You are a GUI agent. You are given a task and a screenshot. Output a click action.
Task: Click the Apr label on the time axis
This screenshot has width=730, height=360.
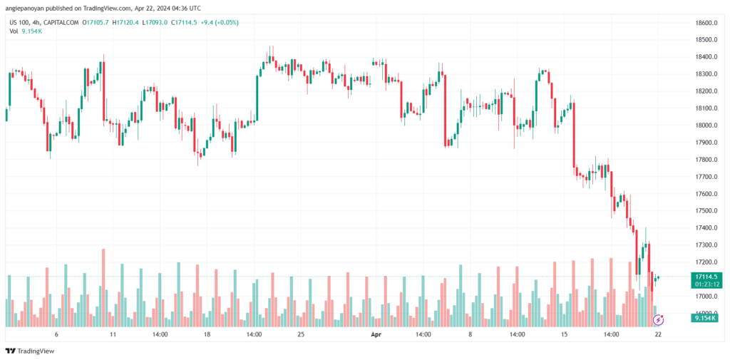coord(376,333)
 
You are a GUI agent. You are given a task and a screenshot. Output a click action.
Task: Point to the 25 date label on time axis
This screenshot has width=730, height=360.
coord(301,333)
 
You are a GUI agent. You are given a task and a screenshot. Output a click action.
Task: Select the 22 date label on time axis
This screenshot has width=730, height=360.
coord(658,333)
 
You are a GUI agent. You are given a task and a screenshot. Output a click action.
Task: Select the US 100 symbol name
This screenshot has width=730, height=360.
coord(19,23)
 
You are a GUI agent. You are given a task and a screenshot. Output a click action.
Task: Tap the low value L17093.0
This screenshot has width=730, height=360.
coord(155,23)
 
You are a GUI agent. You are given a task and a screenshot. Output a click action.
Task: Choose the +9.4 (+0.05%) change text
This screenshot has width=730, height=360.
coord(219,23)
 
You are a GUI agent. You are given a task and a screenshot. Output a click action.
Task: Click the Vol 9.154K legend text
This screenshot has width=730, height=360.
coord(25,33)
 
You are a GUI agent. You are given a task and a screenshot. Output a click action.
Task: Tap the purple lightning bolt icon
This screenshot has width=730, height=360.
coord(659,320)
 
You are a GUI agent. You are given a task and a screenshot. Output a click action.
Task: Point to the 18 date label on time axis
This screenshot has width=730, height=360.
coord(207,333)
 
